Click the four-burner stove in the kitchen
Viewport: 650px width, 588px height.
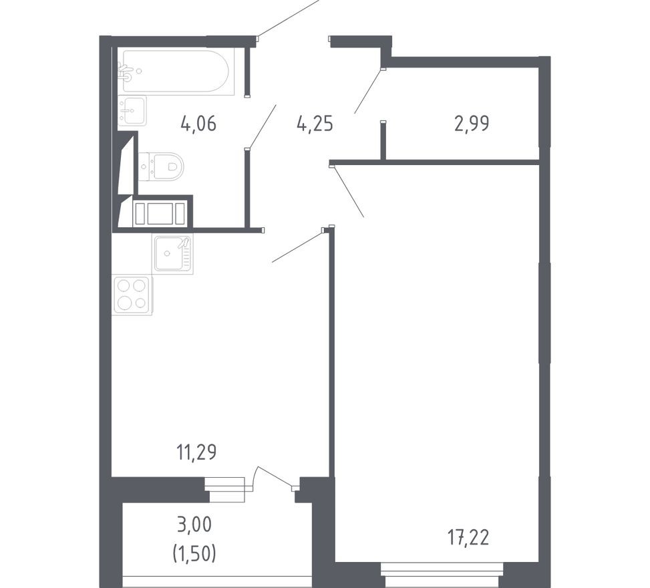pyautogui.click(x=132, y=295)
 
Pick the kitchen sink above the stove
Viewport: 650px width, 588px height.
pyautogui.click(x=172, y=254)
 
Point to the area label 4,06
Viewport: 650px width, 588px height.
pyautogui.click(x=198, y=124)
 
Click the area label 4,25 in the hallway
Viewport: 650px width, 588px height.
pyautogui.click(x=315, y=124)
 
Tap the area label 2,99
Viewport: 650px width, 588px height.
pyautogui.click(x=472, y=124)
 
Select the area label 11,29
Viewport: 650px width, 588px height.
pyautogui.click(x=196, y=453)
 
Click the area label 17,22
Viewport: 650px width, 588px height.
pyautogui.click(x=468, y=537)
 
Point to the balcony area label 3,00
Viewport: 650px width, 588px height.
pyautogui.click(x=196, y=525)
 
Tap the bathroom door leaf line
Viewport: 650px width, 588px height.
pyautogui.click(x=261, y=126)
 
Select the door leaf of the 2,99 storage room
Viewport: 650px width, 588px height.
pyautogui.click(x=367, y=91)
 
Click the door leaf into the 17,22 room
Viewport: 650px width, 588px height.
pyautogui.click(x=348, y=192)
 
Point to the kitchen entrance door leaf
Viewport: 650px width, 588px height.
pyautogui.click(x=297, y=247)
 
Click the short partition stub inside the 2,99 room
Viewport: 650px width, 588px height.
pyautogui.click(x=383, y=141)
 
